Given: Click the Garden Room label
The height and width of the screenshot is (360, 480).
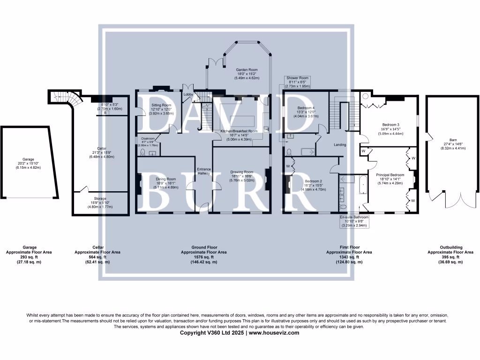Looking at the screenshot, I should click(x=247, y=70).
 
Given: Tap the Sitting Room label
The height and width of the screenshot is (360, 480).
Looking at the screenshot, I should click(x=161, y=105).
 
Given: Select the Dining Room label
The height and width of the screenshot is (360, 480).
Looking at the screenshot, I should click(x=166, y=179).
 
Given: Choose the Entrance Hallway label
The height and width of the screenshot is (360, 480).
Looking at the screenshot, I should click(x=204, y=171).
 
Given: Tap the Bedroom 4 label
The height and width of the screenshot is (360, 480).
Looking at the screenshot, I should click(x=306, y=107).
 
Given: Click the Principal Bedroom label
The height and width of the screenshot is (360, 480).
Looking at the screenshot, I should click(x=390, y=174).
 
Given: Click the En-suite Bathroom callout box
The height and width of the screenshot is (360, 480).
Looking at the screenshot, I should click(x=354, y=221).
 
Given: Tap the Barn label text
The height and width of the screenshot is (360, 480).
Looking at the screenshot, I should click(x=440, y=139).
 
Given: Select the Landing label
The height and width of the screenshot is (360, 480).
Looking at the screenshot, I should click(x=340, y=145).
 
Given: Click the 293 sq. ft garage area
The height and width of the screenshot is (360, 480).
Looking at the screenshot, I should click(x=30, y=257).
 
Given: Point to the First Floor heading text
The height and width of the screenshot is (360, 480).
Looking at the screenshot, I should click(x=349, y=247).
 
